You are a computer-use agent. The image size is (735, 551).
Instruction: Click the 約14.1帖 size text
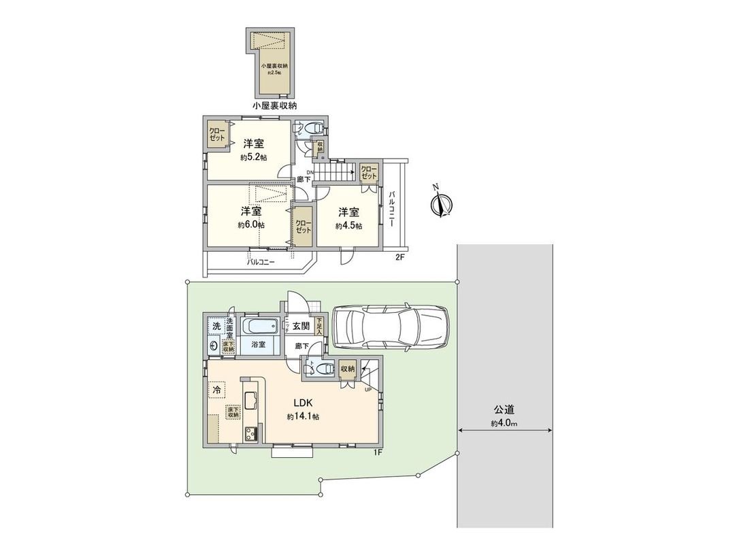[303, 416]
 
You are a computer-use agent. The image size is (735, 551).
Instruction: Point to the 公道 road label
[504, 410]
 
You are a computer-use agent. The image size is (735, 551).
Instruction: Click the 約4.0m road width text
[504, 423]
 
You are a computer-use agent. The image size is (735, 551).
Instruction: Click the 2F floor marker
[400, 257]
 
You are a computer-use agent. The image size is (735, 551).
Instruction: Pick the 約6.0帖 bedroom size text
[251, 224]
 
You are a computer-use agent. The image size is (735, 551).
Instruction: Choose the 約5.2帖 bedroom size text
[253, 157]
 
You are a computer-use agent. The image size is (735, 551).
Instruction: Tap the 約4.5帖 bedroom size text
[348, 226]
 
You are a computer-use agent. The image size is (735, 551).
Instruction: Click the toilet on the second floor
[312, 127]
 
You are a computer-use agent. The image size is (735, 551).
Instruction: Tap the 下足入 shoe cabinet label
[320, 327]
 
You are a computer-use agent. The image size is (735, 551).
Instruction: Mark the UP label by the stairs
[367, 390]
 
